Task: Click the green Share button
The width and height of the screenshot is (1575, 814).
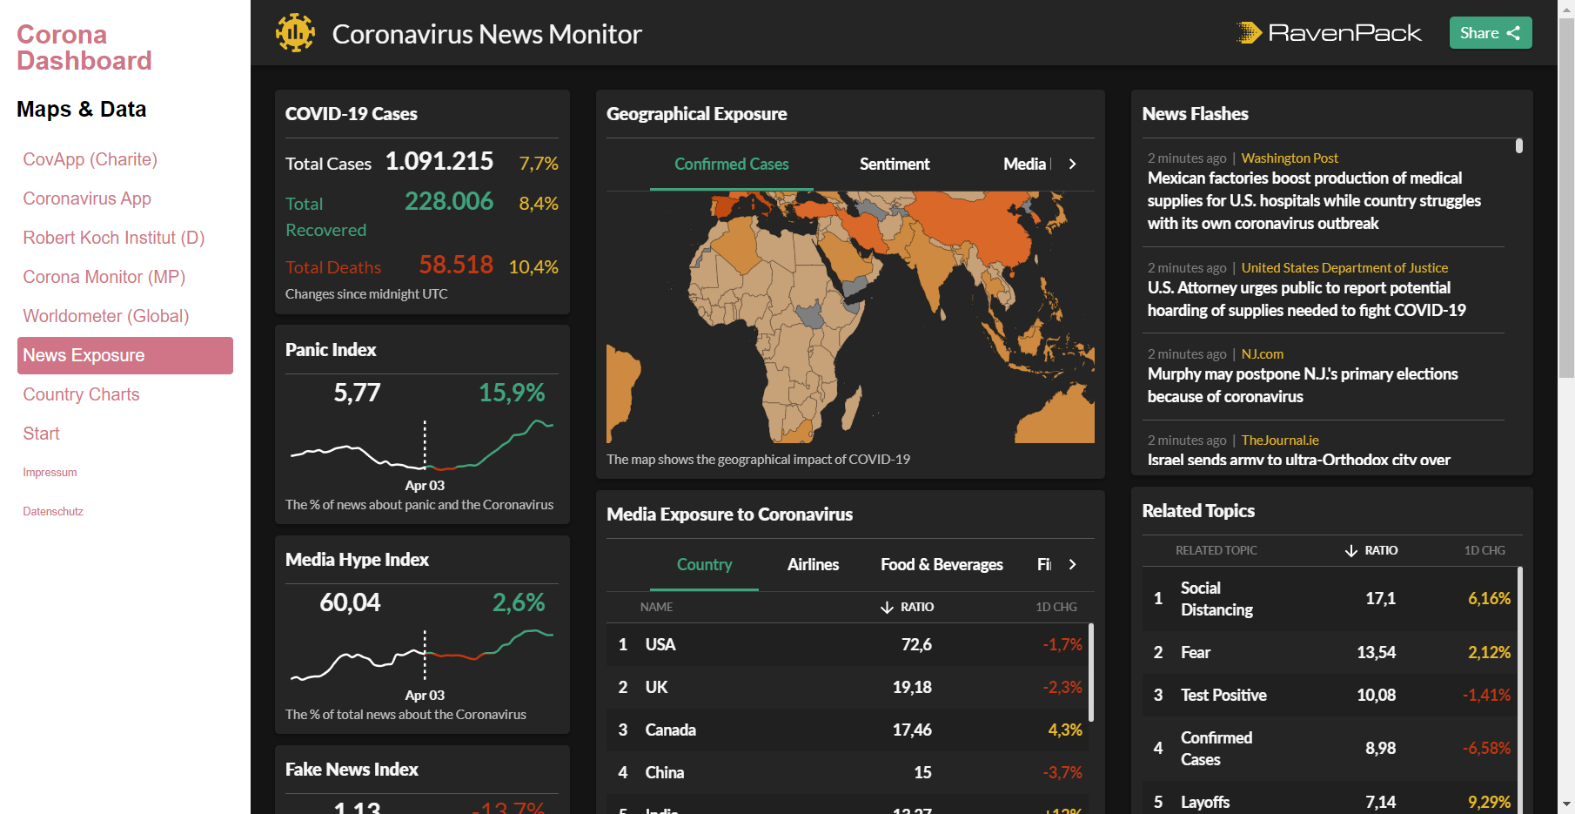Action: [1490, 33]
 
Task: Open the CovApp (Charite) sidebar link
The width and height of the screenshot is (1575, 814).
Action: [90, 159]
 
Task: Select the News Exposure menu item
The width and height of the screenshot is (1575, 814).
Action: [124, 355]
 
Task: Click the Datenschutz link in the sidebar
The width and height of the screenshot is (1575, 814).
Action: [53, 511]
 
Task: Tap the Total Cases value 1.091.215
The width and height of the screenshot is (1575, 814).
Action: [439, 161]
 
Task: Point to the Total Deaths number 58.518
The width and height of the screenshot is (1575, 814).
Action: [455, 265]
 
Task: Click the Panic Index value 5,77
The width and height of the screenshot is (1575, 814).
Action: [357, 393]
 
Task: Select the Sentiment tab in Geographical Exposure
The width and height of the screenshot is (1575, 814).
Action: [894, 164]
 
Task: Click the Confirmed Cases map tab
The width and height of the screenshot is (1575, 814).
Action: [731, 164]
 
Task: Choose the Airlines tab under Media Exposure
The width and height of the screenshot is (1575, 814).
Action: [813, 564]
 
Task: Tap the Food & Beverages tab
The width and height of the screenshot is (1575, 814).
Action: [942, 564]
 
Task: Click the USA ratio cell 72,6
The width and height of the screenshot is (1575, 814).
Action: [916, 644]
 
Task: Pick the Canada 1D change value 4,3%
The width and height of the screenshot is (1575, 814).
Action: [1064, 730]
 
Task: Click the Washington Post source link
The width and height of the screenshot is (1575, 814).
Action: [1289, 158]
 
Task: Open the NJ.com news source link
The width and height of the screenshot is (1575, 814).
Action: [1262, 353]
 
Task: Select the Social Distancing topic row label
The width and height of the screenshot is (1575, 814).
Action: [1216, 598]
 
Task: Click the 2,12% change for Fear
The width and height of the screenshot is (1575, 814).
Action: [1488, 652]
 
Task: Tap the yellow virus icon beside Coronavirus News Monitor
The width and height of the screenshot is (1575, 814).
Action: [295, 33]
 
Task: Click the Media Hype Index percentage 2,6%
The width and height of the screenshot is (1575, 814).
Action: [518, 602]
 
